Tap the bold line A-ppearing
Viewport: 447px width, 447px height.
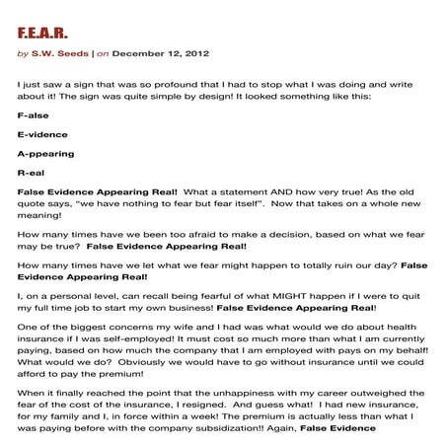click(45, 155)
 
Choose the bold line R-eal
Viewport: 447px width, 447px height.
click(32, 175)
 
